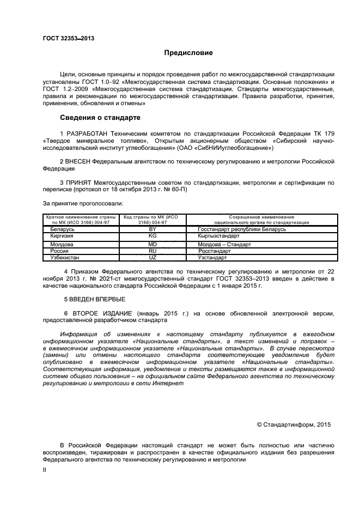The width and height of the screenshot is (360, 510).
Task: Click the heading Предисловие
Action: pos(188,53)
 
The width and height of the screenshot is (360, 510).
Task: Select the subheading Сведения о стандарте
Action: pos(100,118)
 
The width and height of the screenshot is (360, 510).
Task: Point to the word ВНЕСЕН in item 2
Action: pos(78,162)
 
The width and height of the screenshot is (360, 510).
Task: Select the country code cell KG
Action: pos(152,236)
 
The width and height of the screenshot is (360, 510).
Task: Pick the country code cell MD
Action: pos(152,245)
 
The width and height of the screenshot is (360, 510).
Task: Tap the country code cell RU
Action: pos(152,251)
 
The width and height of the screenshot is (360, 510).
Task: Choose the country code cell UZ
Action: pos(152,257)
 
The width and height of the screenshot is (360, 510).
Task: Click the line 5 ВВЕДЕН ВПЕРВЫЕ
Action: pos(95,299)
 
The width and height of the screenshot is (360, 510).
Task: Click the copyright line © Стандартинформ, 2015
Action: pos(294,424)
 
